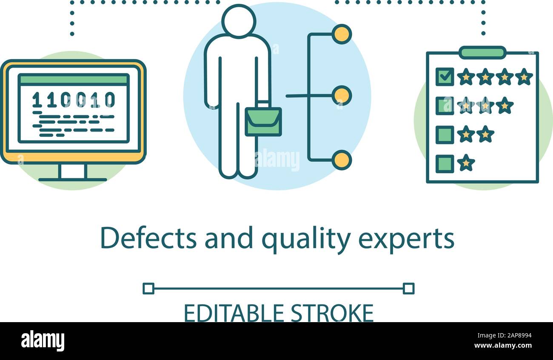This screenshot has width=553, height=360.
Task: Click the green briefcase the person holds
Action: pos(263,122)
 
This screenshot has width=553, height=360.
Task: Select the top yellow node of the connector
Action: pos(341,34)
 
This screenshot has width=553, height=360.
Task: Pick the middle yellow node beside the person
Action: pos(341,95)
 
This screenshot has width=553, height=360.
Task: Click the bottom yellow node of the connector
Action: pos(341,160)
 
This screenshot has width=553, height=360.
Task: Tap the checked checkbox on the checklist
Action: pos(445,77)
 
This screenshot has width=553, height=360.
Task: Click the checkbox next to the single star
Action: pos(445,163)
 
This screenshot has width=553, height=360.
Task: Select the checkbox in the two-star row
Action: pos(445,134)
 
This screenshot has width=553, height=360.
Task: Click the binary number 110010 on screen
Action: pos(74,100)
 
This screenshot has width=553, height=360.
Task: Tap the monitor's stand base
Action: pos(73,179)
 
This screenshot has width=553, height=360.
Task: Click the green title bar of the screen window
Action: pos(74,80)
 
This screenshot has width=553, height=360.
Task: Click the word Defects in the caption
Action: pos(148,239)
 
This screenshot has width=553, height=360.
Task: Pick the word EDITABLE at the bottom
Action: pos(234,314)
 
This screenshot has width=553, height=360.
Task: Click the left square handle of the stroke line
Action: pos(148,289)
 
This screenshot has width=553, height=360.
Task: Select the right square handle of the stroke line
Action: pos(408,289)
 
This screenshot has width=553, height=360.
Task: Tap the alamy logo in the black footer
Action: pos(43,341)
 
